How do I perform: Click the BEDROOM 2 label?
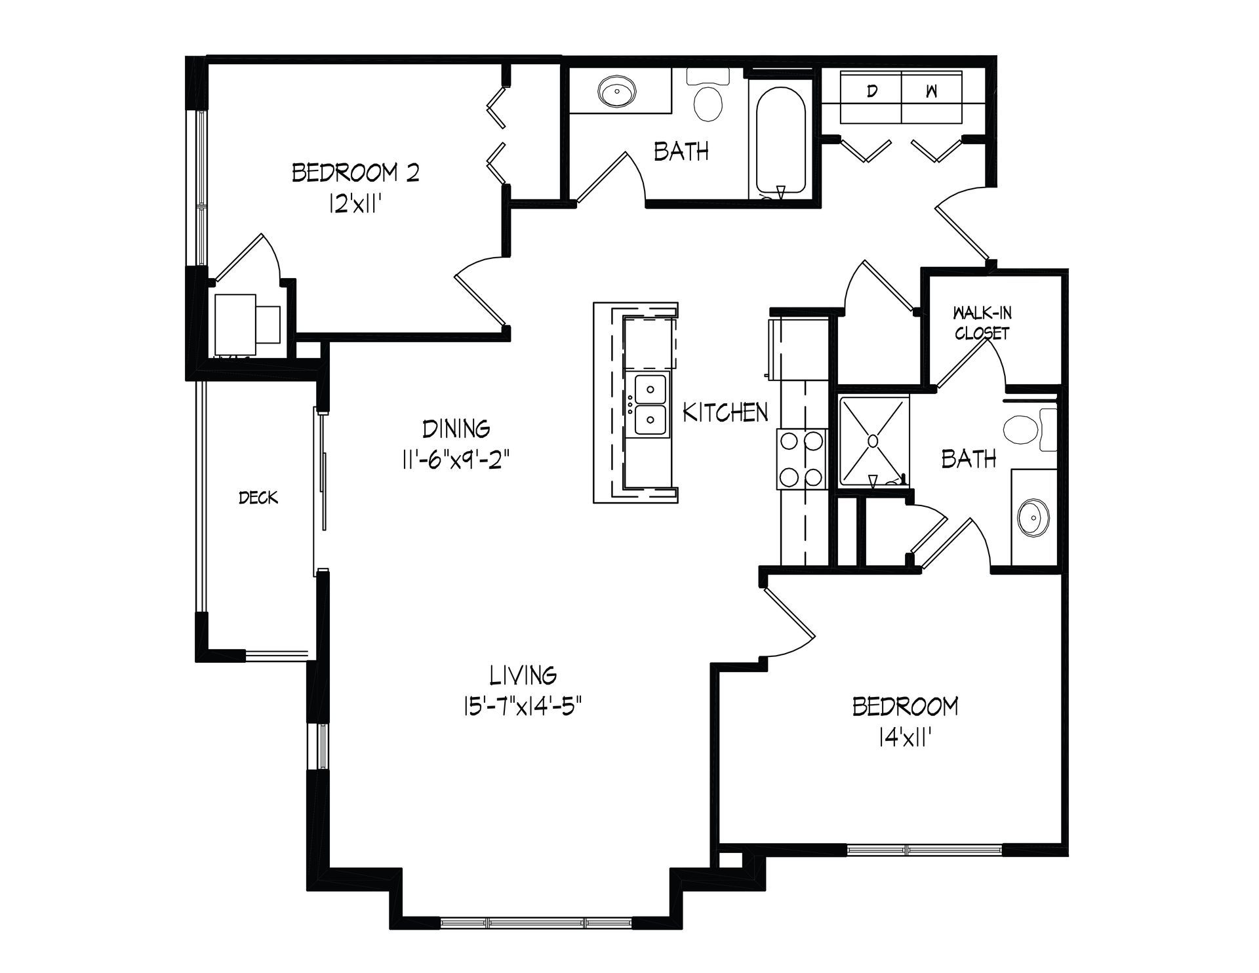click(x=355, y=173)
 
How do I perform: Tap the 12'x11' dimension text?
click(x=355, y=205)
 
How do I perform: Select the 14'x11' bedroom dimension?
click(x=906, y=739)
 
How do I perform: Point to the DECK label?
click(x=258, y=498)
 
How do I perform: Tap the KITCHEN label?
click(x=725, y=412)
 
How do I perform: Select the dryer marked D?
click(x=871, y=97)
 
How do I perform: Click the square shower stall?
click(x=873, y=442)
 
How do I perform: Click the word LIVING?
click(x=523, y=674)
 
